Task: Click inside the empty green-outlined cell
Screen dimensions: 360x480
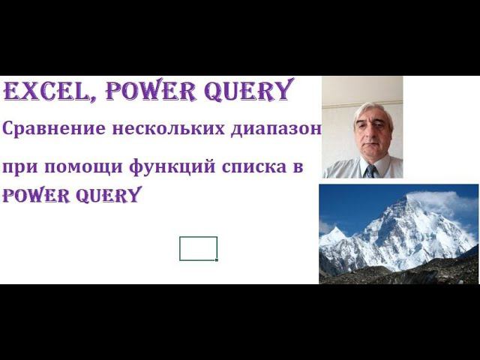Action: pyautogui.click(x=198, y=248)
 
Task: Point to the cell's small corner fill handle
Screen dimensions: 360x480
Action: pyautogui.click(x=217, y=259)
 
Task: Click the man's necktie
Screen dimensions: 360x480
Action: pyautogui.click(x=370, y=171)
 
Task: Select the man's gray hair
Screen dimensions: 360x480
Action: pyautogui.click(x=373, y=110)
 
